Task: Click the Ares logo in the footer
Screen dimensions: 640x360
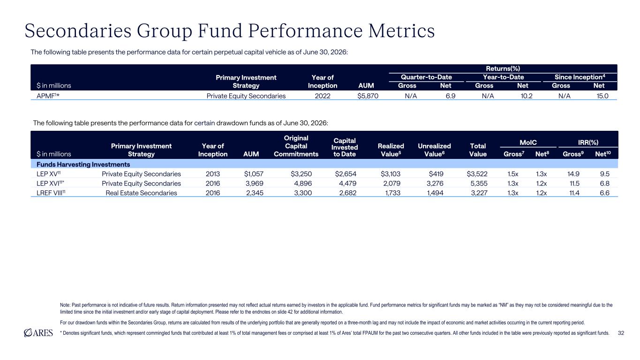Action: pyautogui.click(x=38, y=333)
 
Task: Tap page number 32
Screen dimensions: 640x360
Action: pyautogui.click(x=621, y=333)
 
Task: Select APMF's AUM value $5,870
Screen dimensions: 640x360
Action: pyautogui.click(x=368, y=96)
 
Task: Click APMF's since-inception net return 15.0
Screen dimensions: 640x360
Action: pyautogui.click(x=602, y=96)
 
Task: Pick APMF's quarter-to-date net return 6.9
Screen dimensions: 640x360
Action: pyautogui.click(x=450, y=96)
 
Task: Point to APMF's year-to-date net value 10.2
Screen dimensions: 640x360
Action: pyautogui.click(x=526, y=96)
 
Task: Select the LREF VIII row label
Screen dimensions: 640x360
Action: pyautogui.click(x=51, y=193)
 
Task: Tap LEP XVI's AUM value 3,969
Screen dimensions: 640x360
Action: pyautogui.click(x=254, y=183)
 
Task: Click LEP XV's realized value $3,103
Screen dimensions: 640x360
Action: pyautogui.click(x=390, y=174)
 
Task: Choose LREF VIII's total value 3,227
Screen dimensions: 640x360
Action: pyautogui.click(x=479, y=193)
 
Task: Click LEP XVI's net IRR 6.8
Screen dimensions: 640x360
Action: pyautogui.click(x=604, y=183)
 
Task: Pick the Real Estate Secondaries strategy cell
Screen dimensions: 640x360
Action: pyautogui.click(x=141, y=193)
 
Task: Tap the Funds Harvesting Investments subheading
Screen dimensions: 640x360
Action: pyautogui.click(x=83, y=164)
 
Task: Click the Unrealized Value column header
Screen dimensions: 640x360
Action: pyautogui.click(x=434, y=150)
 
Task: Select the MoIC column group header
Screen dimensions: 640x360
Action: pyautogui.click(x=528, y=142)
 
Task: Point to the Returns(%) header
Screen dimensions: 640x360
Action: pyautogui.click(x=503, y=68)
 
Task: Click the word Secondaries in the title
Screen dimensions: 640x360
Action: pyautogui.click(x=78, y=30)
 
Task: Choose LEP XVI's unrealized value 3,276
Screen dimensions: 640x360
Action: pyautogui.click(x=435, y=183)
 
